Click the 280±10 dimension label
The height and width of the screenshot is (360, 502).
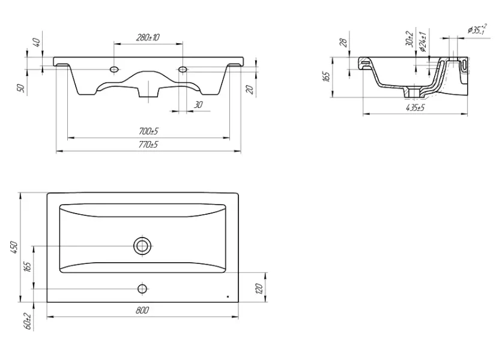pos(148,37)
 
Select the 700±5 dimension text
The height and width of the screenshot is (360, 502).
pos(148,131)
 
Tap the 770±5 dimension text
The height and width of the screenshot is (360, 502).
pos(148,145)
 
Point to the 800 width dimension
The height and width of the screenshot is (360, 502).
pos(142,310)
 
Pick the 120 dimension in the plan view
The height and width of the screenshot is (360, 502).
pos(259,289)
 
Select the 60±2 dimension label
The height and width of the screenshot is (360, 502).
pos(28,321)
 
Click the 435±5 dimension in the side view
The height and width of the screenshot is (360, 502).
pos(416,108)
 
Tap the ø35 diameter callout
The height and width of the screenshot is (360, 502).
pos(477,29)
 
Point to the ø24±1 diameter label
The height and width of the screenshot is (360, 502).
pos(423,42)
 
